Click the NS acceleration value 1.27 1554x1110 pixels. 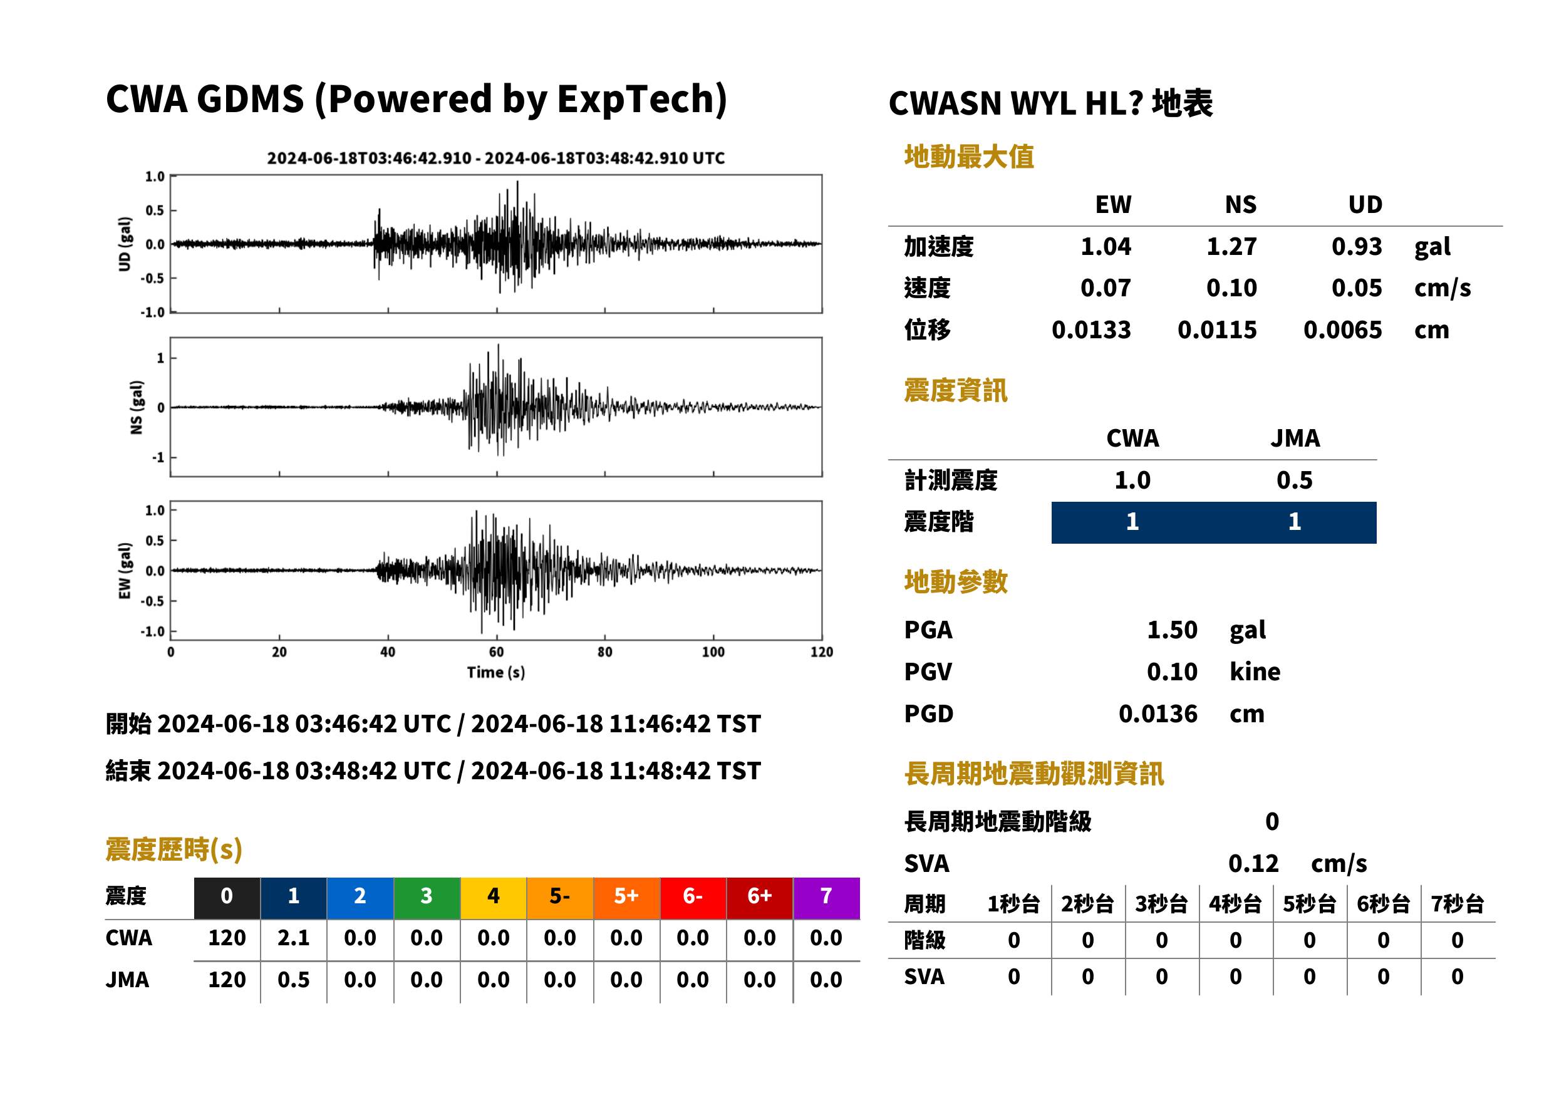[1231, 247]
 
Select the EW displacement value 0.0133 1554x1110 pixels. [1091, 330]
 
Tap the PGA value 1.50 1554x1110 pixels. [1172, 630]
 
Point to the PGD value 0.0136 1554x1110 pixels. [1158, 714]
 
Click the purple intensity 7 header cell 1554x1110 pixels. [826, 896]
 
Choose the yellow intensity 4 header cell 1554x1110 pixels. [494, 896]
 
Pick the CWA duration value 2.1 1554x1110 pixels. [294, 938]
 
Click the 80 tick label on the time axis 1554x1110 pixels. [605, 652]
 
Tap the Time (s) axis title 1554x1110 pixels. [496, 673]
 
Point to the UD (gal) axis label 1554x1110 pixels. [125, 244]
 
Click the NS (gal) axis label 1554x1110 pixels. [136, 407]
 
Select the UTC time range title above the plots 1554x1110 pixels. [495, 158]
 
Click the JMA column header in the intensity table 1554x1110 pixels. [1295, 438]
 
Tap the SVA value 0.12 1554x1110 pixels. [1253, 864]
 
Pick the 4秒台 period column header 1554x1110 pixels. [1235, 905]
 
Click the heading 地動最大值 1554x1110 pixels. [969, 157]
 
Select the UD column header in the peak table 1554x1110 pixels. [1365, 205]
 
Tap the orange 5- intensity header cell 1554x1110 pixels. [560, 896]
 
